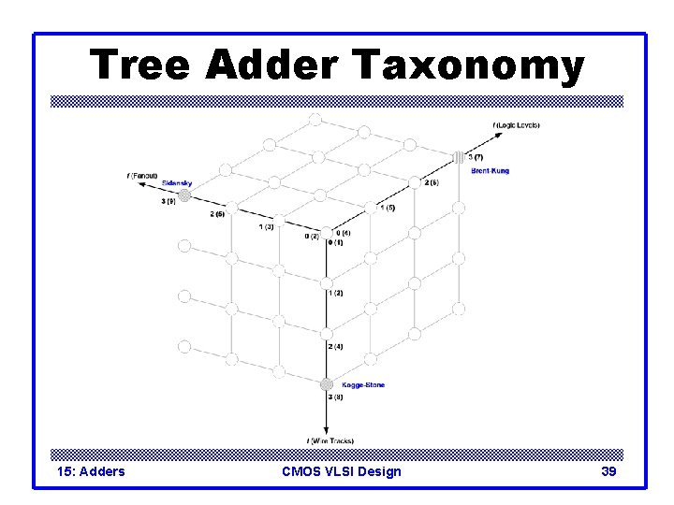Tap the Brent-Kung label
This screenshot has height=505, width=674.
coord(491,170)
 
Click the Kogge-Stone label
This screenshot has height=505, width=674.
coord(363,384)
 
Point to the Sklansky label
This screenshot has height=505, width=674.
coord(176,182)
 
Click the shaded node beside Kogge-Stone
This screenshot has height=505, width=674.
coord(326,384)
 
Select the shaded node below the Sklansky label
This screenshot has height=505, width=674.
coord(185,195)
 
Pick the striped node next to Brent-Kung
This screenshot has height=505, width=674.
coord(458,157)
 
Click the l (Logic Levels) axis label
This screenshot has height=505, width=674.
coord(516,125)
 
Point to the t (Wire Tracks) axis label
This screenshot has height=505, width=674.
coord(329,440)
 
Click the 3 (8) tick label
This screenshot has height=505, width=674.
coord(336,397)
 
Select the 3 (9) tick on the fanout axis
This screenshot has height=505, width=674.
coord(168,201)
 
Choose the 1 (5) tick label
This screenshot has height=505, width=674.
coord(387,207)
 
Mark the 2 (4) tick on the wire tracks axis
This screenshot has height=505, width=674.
coord(336,347)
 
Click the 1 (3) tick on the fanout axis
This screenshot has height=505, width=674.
coord(266,226)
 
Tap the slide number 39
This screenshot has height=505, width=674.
coord(608,471)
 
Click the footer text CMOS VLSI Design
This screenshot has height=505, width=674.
coord(341,471)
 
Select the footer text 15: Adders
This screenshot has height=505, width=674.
coord(90,471)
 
